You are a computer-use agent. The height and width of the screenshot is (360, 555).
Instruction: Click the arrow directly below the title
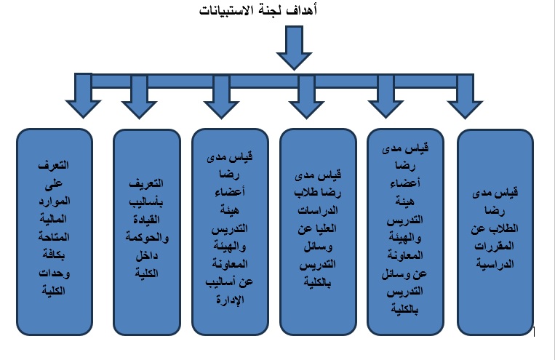coord(294,51)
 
